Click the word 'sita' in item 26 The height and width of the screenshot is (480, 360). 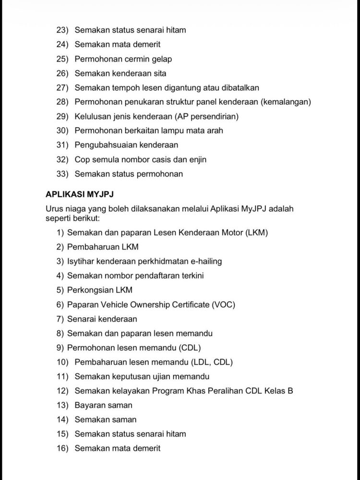[159, 73]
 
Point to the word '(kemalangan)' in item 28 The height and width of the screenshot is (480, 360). [286, 102]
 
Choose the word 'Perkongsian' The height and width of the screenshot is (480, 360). [87, 290]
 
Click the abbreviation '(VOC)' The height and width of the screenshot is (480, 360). [223, 305]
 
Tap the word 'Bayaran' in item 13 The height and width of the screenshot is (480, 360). [89, 405]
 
